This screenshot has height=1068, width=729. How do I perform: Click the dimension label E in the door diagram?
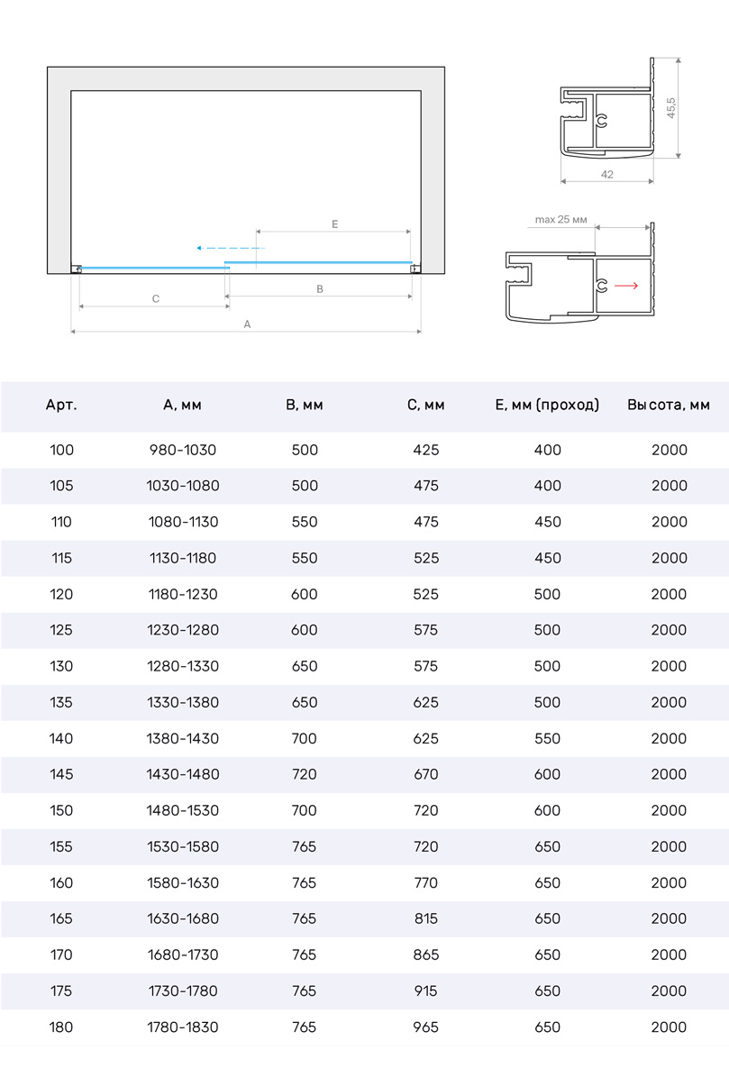pos(334,224)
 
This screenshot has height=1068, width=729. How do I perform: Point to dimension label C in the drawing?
pos(156,298)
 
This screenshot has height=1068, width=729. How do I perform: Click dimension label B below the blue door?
pos(320,289)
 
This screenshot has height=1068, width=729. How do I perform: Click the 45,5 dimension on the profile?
pos(671,108)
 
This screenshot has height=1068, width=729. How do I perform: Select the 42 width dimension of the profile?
pos(606,174)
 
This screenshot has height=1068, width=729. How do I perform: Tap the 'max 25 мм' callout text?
pos(560,219)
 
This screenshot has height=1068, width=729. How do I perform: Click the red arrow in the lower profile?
pos(626,286)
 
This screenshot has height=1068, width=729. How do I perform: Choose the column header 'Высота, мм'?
pos(669,406)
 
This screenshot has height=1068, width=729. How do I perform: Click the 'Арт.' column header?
pos(61,406)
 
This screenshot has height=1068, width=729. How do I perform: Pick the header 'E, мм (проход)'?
pos(547,406)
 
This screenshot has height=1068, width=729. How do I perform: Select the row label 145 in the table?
pos(61,774)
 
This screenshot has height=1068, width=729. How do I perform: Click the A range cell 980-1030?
pos(183,450)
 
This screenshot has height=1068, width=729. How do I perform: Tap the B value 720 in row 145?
pos(305,774)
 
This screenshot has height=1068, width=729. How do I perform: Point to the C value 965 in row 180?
pos(425,1027)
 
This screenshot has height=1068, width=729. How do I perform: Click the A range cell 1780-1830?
pos(183,1027)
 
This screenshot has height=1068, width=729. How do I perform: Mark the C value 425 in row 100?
pos(425,450)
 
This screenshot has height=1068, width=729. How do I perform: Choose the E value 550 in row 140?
pos(547,738)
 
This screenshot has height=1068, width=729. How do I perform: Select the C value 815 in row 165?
pos(425,918)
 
